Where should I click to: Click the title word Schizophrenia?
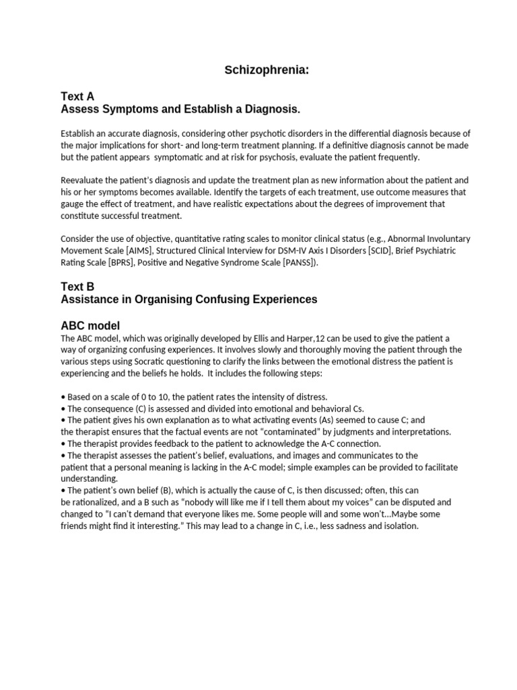pos(267,70)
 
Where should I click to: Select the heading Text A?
pos(77,96)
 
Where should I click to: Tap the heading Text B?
pos(77,286)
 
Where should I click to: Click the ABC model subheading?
pos(90,325)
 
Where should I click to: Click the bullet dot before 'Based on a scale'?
pos(63,397)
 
